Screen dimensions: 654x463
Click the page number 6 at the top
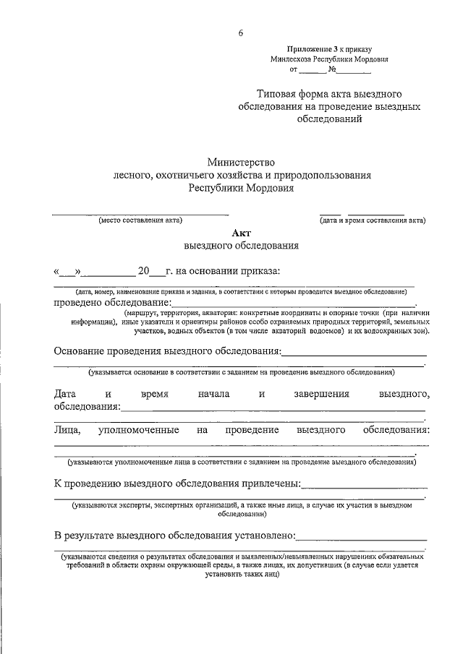click(x=241, y=33)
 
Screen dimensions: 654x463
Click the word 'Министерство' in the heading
click(x=241, y=163)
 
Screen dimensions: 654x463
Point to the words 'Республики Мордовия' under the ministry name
click(x=241, y=187)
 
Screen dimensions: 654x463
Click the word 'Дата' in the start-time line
click(x=65, y=394)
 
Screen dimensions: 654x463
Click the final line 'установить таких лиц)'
click(x=241, y=577)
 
